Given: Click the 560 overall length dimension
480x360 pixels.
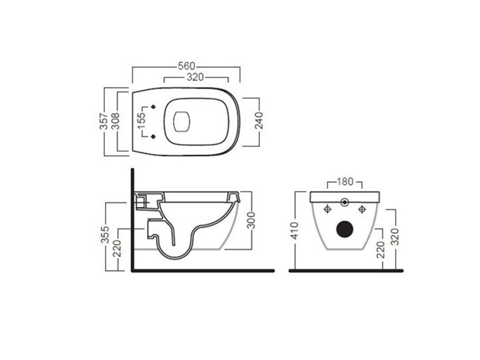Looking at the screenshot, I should tap(185, 66).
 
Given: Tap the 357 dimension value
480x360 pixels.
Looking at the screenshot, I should tap(103, 122).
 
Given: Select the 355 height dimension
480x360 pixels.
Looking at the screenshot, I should tap(105, 236).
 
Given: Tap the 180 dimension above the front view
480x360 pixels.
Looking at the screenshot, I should tap(345, 181).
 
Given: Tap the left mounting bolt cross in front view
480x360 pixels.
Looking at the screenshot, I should tap(328, 209).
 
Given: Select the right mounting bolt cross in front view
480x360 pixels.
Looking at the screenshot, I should tap(362, 209).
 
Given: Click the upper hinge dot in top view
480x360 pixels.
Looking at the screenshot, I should tap(155, 109).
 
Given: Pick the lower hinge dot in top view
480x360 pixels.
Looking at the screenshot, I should tap(155, 136).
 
